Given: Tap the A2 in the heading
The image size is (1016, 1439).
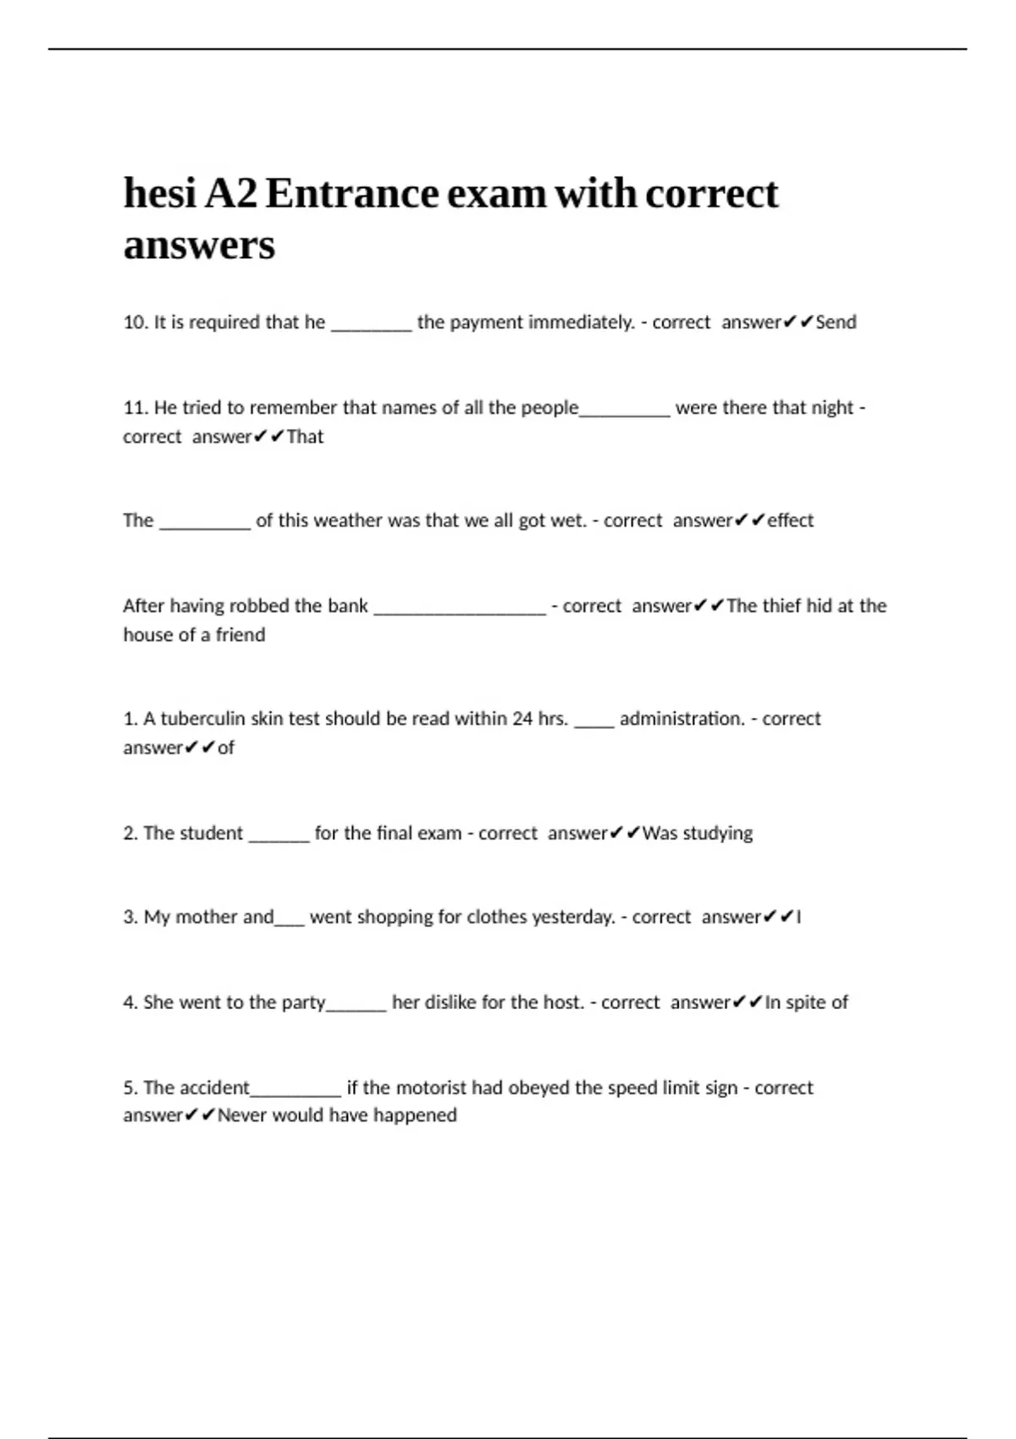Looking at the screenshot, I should (231, 194).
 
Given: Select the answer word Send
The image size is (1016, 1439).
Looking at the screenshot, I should (836, 323).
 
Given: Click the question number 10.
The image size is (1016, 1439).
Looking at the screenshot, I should (135, 323).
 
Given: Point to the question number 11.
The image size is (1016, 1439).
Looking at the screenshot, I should (135, 408).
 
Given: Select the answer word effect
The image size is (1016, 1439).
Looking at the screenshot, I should (790, 521).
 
